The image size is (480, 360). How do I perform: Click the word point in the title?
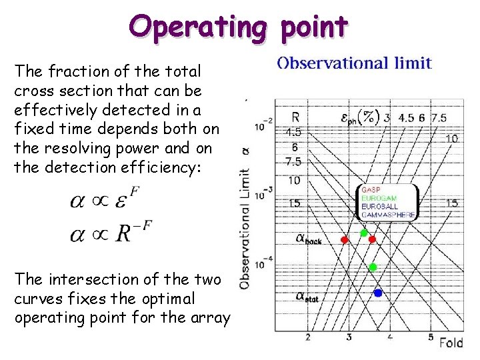click(315, 27)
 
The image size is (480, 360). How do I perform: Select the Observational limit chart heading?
click(355, 63)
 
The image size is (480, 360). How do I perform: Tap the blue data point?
click(378, 293)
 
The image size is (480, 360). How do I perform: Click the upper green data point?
click(364, 233)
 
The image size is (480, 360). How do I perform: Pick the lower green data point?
click(373, 267)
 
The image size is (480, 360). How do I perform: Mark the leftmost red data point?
click(345, 239)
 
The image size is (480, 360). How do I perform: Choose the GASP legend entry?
click(371, 189)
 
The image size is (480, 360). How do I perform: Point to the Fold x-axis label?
click(451, 343)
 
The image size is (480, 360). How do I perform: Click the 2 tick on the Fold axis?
click(308, 337)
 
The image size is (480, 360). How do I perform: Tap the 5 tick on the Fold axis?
click(431, 337)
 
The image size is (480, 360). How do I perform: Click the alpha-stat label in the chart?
click(307, 297)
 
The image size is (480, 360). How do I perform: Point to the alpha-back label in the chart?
click(307, 238)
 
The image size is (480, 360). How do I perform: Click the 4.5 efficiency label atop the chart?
click(406, 118)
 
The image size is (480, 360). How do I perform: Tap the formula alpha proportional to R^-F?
click(111, 233)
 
